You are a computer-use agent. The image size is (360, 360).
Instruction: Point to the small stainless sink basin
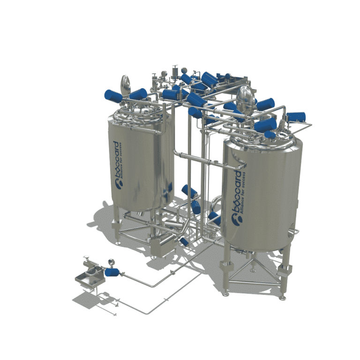coord(88,280)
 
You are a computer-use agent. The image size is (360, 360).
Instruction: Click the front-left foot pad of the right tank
coord(226,293)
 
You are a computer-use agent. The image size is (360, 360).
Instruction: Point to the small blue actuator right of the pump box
coord(184,241)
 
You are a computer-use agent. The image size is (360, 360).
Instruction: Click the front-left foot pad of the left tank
coord(118,242)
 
